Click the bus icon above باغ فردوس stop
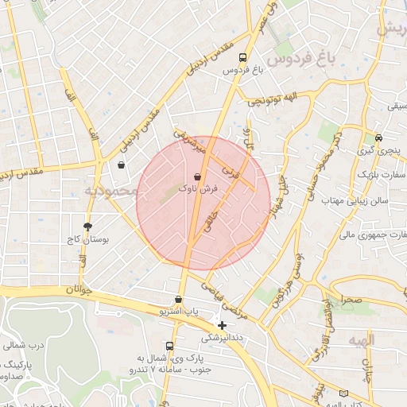(x=242, y=58)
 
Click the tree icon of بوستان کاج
(x=87, y=227)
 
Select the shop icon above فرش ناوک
(x=197, y=176)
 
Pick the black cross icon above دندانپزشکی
(x=222, y=324)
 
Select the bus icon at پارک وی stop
(x=169, y=346)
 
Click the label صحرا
(x=349, y=300)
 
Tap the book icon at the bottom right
(x=343, y=393)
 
